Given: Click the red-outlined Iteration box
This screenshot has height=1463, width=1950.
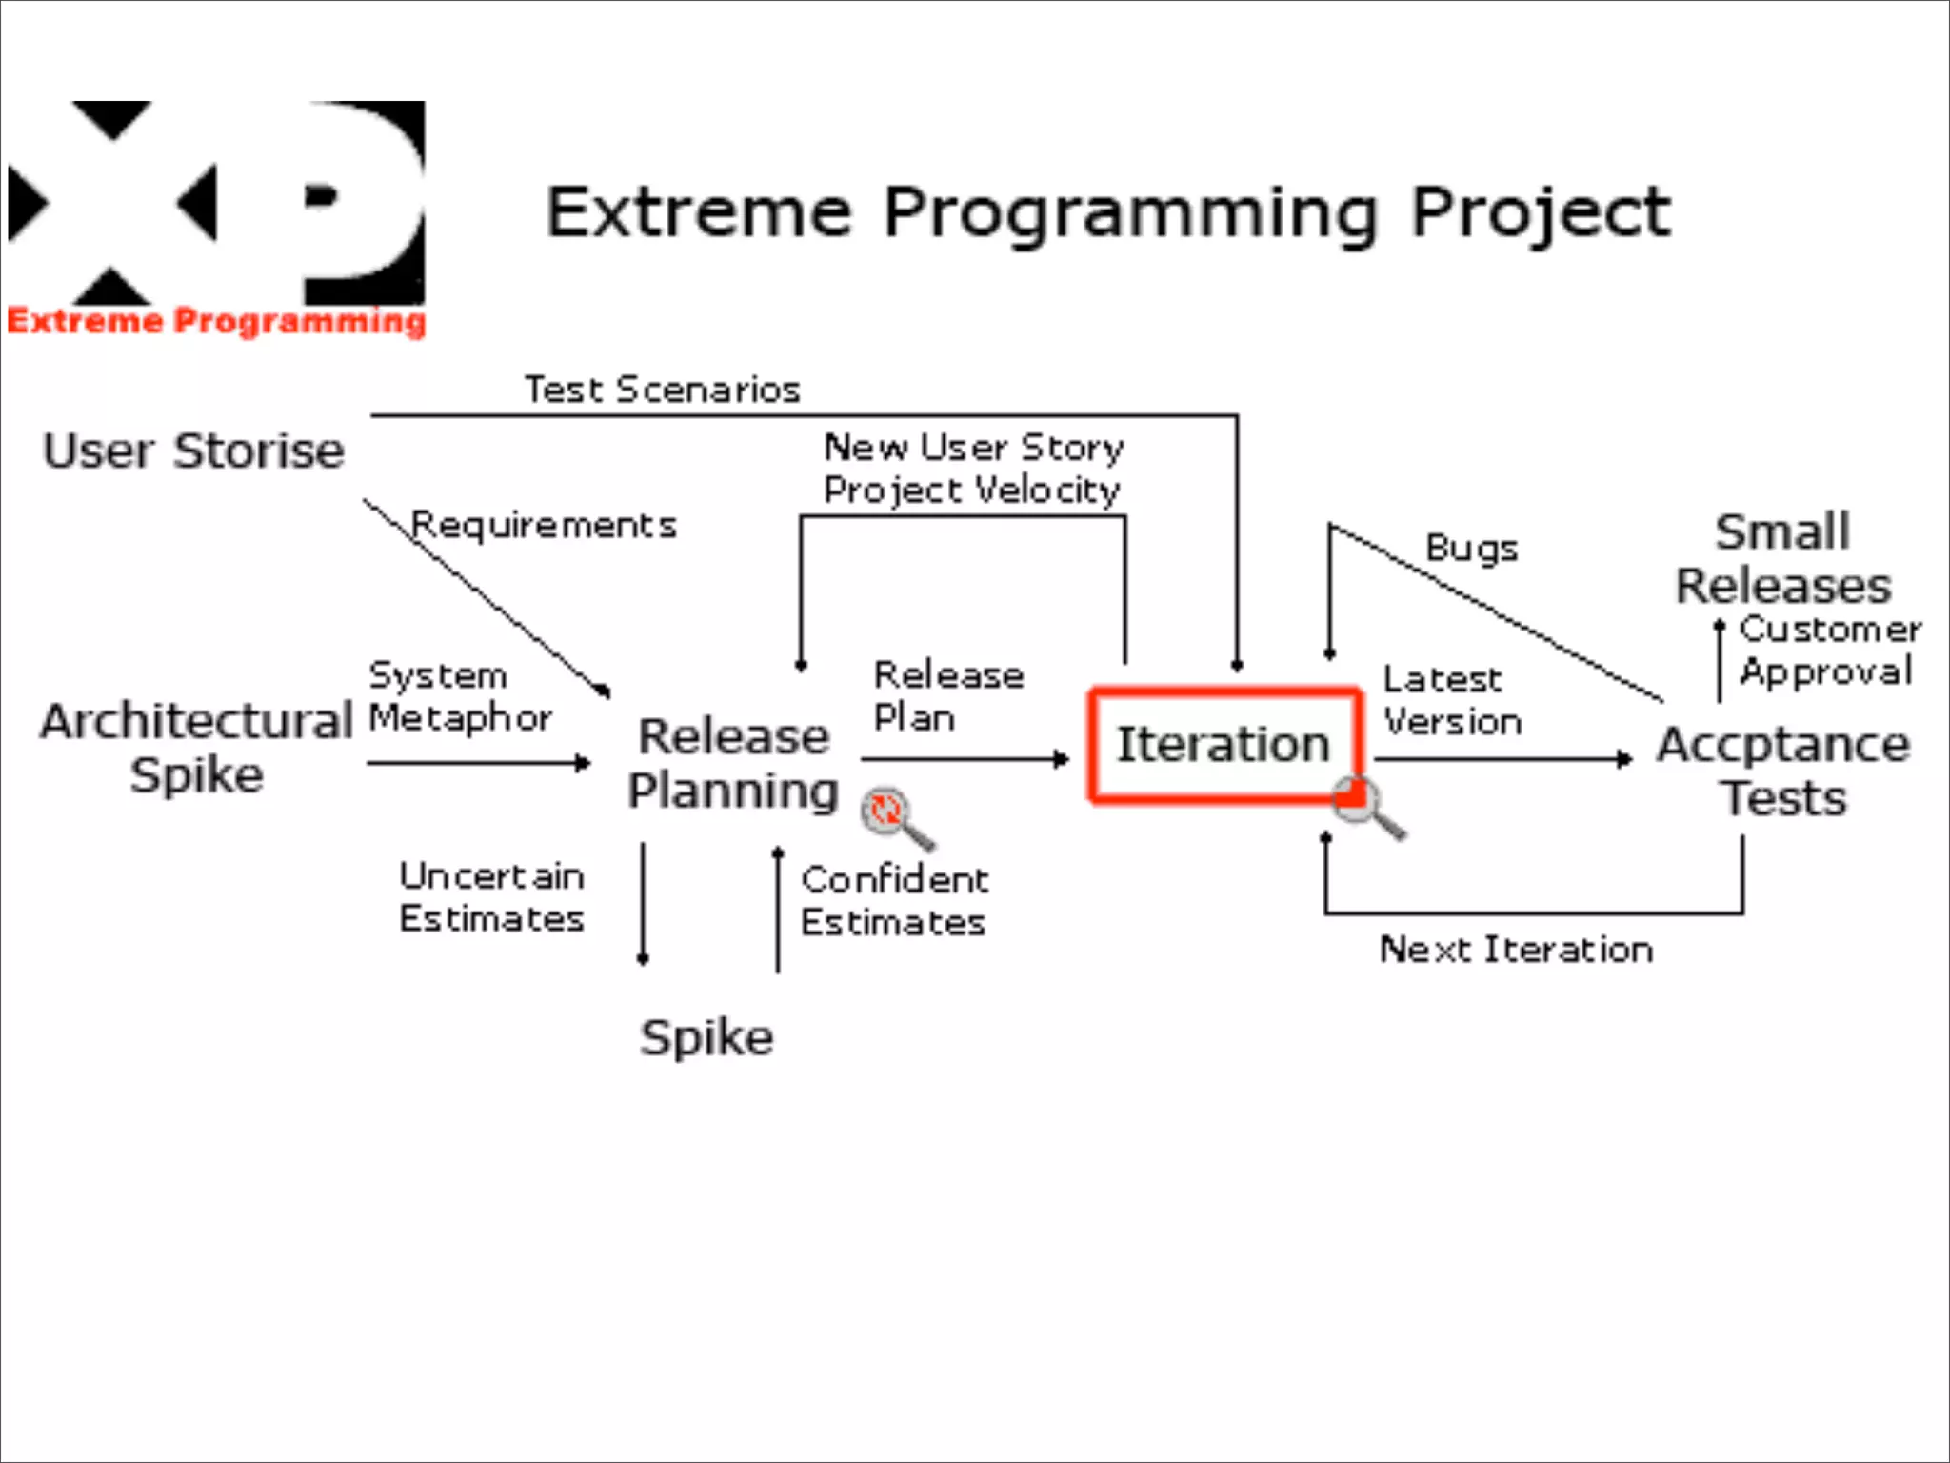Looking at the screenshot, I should click(x=1224, y=745).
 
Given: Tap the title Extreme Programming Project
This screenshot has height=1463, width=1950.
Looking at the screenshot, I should click(x=1107, y=211).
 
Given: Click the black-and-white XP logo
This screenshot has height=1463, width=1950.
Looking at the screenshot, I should click(x=217, y=202).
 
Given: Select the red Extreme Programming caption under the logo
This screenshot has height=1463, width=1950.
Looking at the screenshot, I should click(x=217, y=321).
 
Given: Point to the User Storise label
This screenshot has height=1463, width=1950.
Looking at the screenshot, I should click(x=193, y=451).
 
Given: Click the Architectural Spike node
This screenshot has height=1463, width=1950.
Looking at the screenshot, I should click(x=196, y=748).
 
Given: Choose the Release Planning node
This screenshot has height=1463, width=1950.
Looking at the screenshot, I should click(x=733, y=763).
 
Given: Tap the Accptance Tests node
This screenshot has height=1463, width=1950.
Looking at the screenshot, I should click(x=1783, y=771).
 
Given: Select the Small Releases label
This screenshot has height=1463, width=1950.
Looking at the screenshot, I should click(x=1783, y=558).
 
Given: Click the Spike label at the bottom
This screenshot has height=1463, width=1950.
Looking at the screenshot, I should click(x=706, y=1037).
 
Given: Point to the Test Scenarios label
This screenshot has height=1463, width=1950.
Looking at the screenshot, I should click(x=662, y=390).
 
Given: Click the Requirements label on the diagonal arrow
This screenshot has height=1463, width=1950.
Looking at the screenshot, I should click(x=544, y=525).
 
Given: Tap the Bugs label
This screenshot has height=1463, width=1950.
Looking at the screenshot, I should click(x=1471, y=549).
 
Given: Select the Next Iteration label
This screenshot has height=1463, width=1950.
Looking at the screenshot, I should click(x=1516, y=950).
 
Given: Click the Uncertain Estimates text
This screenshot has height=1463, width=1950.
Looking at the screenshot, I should click(x=491, y=897).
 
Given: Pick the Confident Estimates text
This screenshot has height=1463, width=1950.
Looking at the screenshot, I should click(x=894, y=901).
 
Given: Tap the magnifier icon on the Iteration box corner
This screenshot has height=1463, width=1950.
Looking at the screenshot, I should click(x=1367, y=805).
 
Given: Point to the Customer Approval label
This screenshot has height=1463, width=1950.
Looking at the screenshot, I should click(x=1828, y=651).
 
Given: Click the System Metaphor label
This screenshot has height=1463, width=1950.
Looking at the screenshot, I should click(x=460, y=696).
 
